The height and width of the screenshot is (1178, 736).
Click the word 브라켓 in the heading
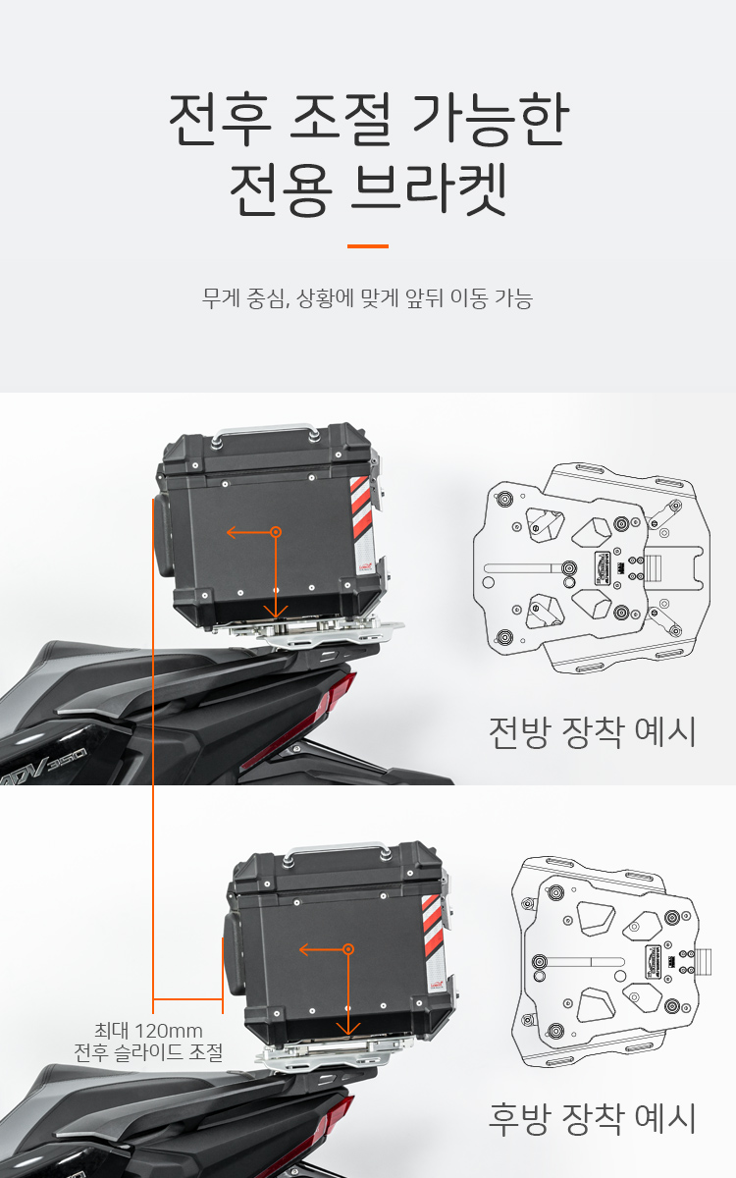click(x=429, y=189)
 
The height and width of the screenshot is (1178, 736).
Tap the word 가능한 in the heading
click(x=491, y=119)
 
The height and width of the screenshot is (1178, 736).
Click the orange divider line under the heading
click(x=368, y=245)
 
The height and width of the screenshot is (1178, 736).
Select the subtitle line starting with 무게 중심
click(x=367, y=298)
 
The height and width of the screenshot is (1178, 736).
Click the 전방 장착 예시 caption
click(x=593, y=732)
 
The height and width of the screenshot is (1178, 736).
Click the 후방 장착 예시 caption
click(x=593, y=1118)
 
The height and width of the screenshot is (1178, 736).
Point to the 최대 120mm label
click(x=148, y=1031)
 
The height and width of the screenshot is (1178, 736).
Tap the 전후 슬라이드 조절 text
click(x=148, y=1052)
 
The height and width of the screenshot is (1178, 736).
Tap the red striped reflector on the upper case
click(x=362, y=508)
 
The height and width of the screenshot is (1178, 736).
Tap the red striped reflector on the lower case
click(x=433, y=925)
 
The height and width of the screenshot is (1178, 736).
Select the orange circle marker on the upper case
click(x=276, y=532)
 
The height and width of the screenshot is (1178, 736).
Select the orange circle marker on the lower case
click(x=348, y=949)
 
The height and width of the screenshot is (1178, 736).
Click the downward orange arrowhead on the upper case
click(x=276, y=612)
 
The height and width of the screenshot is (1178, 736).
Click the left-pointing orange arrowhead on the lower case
click(x=305, y=949)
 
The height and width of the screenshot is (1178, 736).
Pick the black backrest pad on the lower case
click(x=233, y=953)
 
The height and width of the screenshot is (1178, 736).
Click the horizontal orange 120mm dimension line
click(x=187, y=998)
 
